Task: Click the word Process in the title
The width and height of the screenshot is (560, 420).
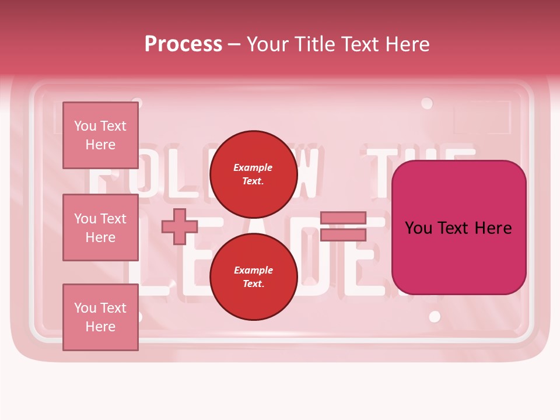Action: (x=183, y=44)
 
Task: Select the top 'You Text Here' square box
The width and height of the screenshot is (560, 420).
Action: (x=100, y=135)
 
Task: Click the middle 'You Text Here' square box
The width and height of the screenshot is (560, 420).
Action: (x=100, y=228)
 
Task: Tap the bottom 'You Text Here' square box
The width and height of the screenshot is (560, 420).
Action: (x=100, y=317)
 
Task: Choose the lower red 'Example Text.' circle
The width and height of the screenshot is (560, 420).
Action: (x=253, y=276)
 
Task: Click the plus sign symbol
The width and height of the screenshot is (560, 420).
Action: (x=179, y=226)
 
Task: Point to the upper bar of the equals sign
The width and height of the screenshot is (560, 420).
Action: (x=343, y=218)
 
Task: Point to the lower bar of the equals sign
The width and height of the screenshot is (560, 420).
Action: (x=343, y=235)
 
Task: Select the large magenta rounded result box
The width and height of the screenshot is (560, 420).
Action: (x=459, y=228)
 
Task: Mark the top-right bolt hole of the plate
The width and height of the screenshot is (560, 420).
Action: (x=427, y=104)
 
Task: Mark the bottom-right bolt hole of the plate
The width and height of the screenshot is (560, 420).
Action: (x=435, y=317)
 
